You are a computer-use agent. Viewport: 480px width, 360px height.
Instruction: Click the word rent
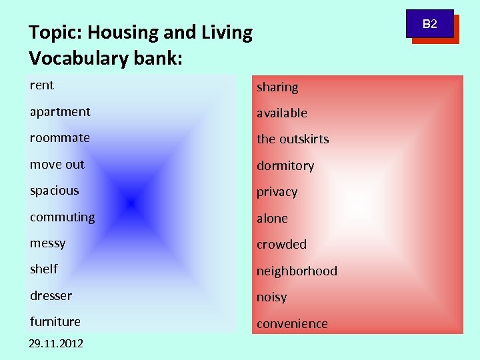click(x=42, y=85)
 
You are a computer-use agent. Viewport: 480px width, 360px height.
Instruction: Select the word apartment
click(x=60, y=112)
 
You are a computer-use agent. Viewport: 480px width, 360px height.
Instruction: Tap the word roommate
click(x=60, y=138)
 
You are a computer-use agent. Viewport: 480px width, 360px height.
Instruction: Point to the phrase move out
click(x=57, y=165)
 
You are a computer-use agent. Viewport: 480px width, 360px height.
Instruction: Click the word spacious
click(x=55, y=191)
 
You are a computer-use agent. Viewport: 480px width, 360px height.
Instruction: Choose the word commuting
click(x=63, y=217)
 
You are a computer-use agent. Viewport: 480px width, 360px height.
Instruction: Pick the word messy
click(x=48, y=243)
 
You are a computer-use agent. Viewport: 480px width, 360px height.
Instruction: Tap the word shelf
click(x=44, y=269)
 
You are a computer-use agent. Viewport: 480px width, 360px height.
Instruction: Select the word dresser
click(x=51, y=295)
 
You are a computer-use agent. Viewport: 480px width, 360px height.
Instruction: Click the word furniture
click(x=55, y=321)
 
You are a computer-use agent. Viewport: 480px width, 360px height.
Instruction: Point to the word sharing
click(x=277, y=87)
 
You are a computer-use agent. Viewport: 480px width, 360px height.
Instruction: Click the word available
click(x=282, y=113)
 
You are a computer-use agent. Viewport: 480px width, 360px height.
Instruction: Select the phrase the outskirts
click(x=293, y=139)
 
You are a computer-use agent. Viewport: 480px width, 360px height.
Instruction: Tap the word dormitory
click(x=285, y=166)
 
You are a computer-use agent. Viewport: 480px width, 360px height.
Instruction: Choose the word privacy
click(x=277, y=192)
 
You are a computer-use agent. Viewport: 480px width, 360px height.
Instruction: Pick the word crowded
click(x=282, y=245)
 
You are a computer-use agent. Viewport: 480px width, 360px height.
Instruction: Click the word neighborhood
click(x=297, y=271)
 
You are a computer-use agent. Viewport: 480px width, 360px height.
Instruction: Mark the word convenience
click(x=293, y=324)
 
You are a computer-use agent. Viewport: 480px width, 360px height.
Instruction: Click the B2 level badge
click(x=431, y=25)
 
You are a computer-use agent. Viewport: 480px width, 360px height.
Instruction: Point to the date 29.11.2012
click(x=57, y=343)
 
